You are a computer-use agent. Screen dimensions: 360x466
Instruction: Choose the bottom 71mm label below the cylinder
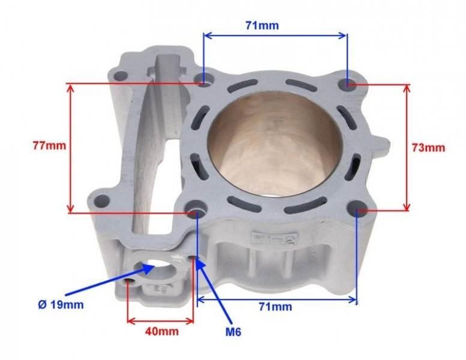click(x=277, y=307)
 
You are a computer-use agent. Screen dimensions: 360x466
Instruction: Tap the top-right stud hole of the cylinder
click(x=351, y=84)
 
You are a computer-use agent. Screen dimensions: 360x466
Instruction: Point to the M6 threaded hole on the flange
click(x=193, y=259)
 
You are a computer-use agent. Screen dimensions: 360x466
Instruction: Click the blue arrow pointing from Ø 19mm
click(x=102, y=287)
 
